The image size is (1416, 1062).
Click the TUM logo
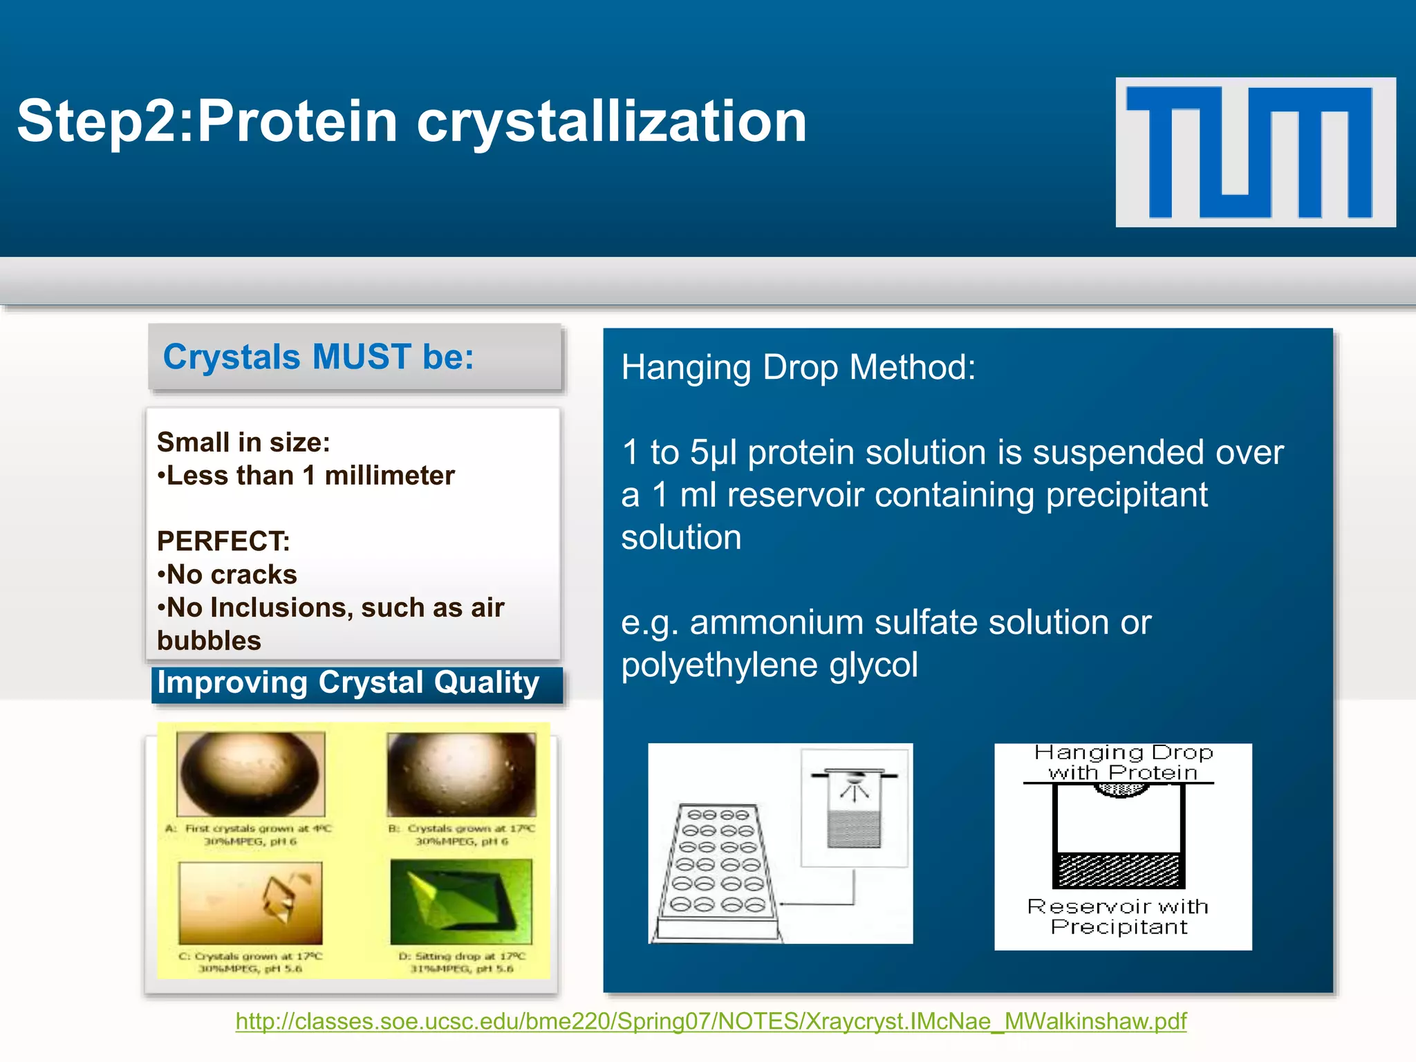coord(1255,152)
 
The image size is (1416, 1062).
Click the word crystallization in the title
coord(611,122)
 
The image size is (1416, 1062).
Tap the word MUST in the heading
coord(362,357)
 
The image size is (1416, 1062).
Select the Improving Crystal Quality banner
coord(357,684)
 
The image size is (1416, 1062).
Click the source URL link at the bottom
coord(711,1021)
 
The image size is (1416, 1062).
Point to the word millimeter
coord(389,476)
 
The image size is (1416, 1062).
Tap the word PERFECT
coord(223,541)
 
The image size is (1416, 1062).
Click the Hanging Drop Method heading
coord(798,367)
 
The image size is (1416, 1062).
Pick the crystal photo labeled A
coord(250,774)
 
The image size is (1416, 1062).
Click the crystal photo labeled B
coord(461,774)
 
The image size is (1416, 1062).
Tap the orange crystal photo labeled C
coord(250,902)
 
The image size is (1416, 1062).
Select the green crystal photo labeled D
coord(461,902)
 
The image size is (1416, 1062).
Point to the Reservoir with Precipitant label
coord(1118,917)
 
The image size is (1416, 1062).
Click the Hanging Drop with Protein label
coord(1123,763)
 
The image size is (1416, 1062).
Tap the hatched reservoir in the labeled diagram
coord(1118,871)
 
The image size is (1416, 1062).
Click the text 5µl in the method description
coord(713,453)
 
